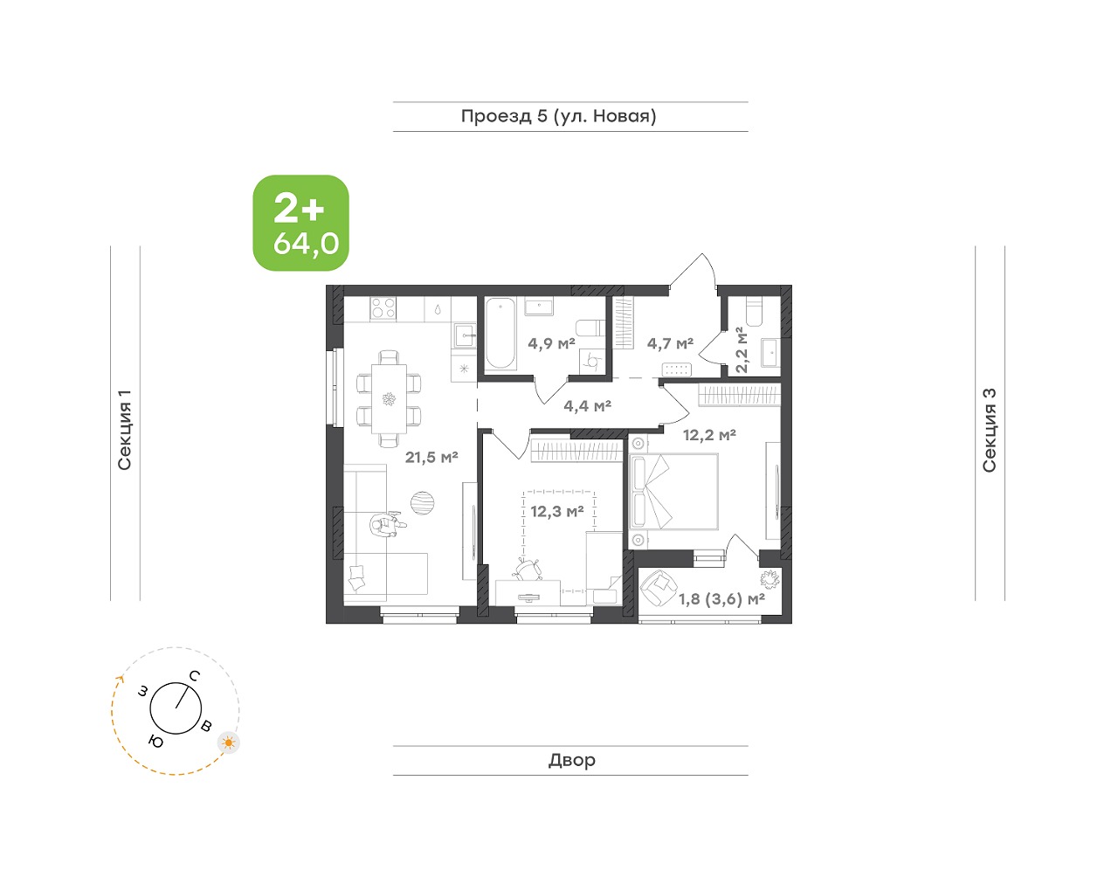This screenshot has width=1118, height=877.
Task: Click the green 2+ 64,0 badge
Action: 300,223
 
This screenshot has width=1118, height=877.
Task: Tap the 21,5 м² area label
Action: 431,457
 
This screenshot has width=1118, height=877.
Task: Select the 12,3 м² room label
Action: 556,512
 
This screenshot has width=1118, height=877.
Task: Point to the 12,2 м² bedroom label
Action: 709,435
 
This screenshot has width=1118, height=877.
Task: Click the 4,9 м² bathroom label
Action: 551,343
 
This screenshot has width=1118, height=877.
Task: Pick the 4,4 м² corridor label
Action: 587,406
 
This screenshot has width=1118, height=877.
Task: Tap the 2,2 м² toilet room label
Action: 741,349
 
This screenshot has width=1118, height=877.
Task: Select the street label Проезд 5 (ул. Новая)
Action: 559,116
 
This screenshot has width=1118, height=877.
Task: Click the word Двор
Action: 571,760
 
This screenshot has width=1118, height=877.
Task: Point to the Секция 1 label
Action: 125,430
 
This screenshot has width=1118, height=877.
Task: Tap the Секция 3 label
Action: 990,431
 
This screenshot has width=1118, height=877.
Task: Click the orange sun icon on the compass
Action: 229,742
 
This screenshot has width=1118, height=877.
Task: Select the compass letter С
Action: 195,676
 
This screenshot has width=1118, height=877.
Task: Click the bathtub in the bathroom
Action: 500,334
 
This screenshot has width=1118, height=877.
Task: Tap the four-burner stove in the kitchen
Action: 383,307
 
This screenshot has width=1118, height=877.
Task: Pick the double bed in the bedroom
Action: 674,491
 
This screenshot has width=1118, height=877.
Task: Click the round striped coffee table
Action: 422,502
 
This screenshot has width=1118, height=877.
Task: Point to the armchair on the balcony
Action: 658,587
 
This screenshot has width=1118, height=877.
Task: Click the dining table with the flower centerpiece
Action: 389,398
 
